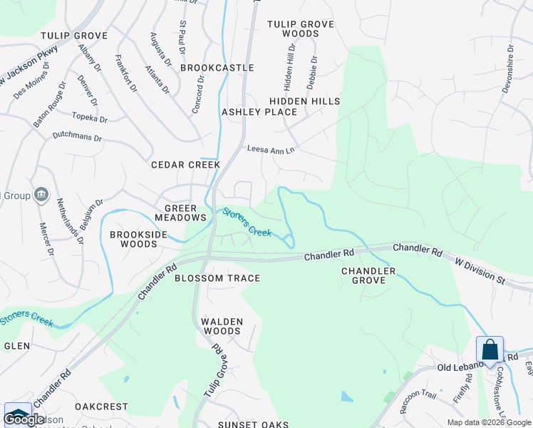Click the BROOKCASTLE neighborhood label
pyautogui.click(x=217, y=68)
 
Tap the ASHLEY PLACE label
pyautogui.click(x=259, y=112)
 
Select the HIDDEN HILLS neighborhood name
pyautogui.click(x=304, y=102)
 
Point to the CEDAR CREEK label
pyautogui.click(x=185, y=165)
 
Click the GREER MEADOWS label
pyautogui.click(x=180, y=213)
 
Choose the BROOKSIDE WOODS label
pyautogui.click(x=133, y=239)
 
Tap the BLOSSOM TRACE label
pyautogui.click(x=217, y=278)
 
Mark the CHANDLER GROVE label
pyautogui.click(x=368, y=275)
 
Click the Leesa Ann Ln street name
pyautogui.click(x=270, y=150)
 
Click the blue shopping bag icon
pyautogui.click(x=490, y=350)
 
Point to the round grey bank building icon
pyautogui.click(x=41, y=194)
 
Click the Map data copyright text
pyautogui.click(x=488, y=422)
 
